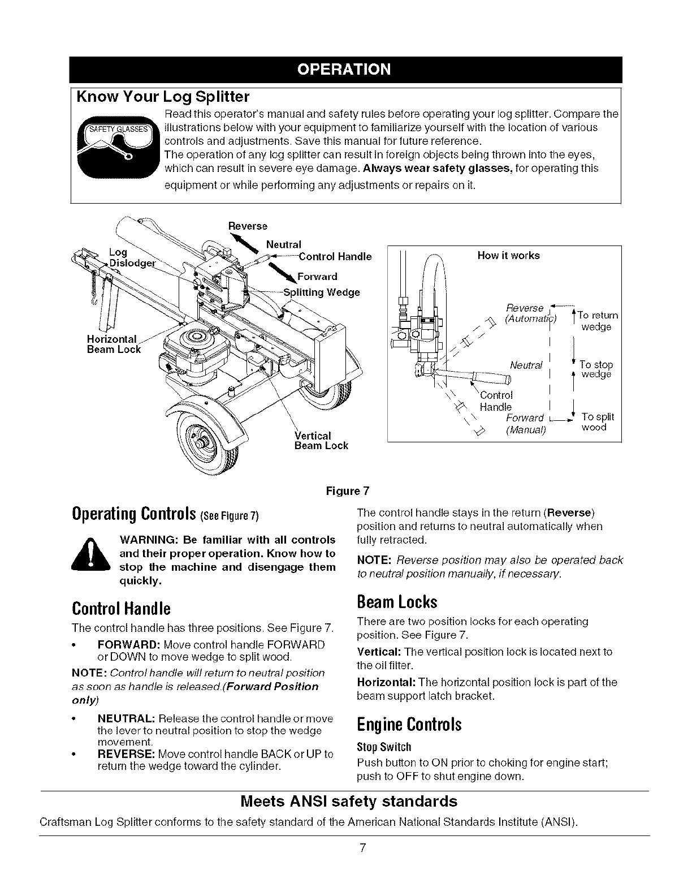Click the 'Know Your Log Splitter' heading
(x=163, y=96)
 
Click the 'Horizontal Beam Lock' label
(x=113, y=344)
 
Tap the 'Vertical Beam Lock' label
(x=321, y=441)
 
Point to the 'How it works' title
(x=508, y=256)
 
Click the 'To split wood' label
(x=596, y=422)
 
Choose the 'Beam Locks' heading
(x=397, y=602)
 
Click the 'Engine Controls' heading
(x=409, y=725)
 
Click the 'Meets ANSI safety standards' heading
(x=349, y=802)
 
